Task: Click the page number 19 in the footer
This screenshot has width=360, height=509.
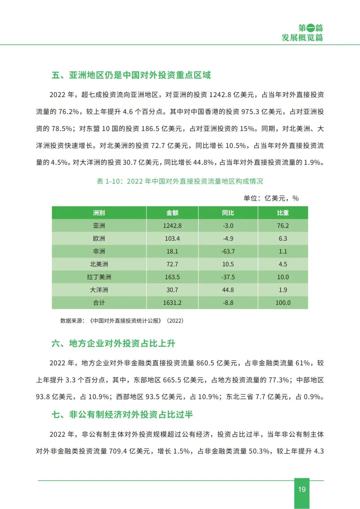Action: (x=302, y=489)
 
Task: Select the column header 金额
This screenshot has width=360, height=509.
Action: (x=172, y=213)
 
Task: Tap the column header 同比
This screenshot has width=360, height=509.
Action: (x=228, y=213)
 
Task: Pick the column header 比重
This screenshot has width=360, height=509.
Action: (x=283, y=213)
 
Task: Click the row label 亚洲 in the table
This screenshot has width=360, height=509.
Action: (x=99, y=226)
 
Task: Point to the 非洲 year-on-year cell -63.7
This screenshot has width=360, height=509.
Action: (x=228, y=251)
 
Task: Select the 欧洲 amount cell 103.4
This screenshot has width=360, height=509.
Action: (x=172, y=238)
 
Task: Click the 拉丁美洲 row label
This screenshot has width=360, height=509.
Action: (x=99, y=277)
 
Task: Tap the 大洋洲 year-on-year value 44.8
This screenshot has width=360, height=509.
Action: (x=228, y=290)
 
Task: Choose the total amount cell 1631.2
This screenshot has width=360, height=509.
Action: (x=172, y=303)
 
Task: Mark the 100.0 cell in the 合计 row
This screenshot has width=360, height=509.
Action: (x=283, y=303)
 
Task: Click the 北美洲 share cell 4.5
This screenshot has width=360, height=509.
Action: (x=283, y=264)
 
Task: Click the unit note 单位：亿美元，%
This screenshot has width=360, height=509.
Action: (x=271, y=198)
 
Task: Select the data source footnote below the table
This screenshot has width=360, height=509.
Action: (x=122, y=321)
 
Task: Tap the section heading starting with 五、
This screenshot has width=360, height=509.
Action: (x=131, y=75)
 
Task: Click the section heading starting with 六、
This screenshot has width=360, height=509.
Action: (x=113, y=343)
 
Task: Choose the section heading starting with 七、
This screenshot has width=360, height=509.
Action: (x=122, y=414)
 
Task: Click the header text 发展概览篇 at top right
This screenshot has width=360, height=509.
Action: (x=302, y=37)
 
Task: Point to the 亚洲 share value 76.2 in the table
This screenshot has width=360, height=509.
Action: (x=283, y=226)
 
